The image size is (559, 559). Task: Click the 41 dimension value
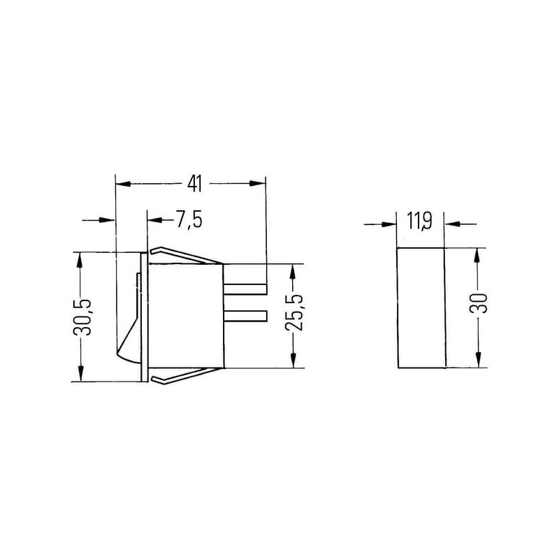click(x=195, y=184)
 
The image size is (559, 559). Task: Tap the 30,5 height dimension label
click(x=82, y=317)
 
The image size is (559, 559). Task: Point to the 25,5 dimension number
click(x=295, y=312)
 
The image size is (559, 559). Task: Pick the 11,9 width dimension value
click(x=420, y=222)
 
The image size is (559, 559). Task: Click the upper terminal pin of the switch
click(x=245, y=289)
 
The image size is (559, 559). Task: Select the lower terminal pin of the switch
click(x=245, y=316)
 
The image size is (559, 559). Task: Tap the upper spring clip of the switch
click(x=186, y=255)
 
